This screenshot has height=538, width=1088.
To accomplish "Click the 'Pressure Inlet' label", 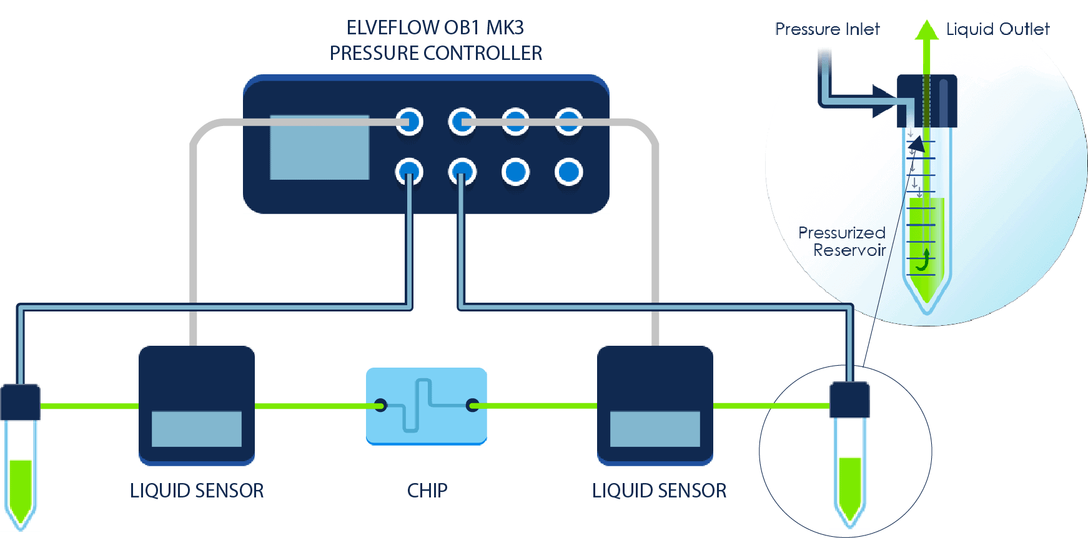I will [x=827, y=29].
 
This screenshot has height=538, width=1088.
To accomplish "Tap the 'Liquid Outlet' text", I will [x=997, y=29].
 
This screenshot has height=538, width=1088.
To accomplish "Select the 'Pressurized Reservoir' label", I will [x=843, y=242].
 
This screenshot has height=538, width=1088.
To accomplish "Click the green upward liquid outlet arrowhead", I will [x=926, y=30].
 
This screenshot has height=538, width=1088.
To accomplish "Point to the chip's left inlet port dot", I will [x=380, y=404].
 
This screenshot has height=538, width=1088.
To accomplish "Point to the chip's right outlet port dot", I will [x=473, y=404].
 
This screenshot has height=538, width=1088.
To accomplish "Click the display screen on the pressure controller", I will [x=319, y=147].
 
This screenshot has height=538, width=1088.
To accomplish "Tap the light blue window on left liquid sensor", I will [x=196, y=429].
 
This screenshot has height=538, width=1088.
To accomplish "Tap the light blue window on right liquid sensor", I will [x=655, y=429].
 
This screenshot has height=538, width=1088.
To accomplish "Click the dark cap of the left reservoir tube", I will [x=21, y=402].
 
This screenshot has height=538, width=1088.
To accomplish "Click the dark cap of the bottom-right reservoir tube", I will [x=849, y=399].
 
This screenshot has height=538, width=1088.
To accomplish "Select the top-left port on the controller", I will [x=410, y=121].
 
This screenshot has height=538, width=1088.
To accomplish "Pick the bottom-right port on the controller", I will [x=568, y=172].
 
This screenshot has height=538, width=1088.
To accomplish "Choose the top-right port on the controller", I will [x=568, y=121].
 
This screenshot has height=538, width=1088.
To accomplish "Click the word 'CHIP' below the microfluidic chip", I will [x=427, y=491].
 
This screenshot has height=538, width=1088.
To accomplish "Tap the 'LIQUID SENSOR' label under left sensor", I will [x=197, y=491].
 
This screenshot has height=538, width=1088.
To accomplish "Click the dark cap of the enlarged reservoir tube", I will [x=927, y=100].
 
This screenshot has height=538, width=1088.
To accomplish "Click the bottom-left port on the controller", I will [x=410, y=172].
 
